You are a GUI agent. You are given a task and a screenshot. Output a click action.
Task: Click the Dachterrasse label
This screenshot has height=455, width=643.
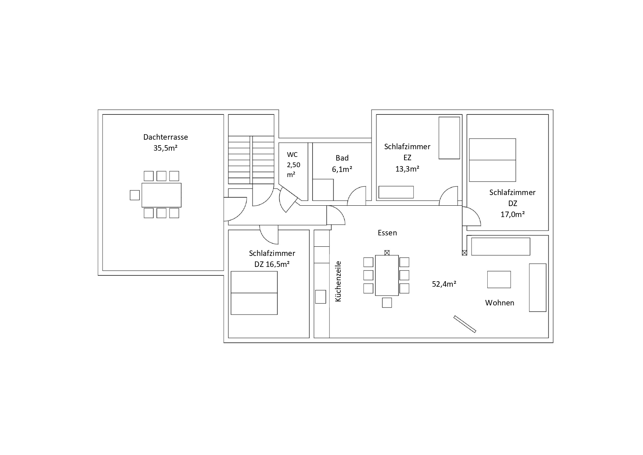click(166, 137)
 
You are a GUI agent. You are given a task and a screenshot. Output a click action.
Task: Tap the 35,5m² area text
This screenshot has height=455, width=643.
click(166, 148)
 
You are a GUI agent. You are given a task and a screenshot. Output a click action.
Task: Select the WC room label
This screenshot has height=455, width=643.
click(292, 154)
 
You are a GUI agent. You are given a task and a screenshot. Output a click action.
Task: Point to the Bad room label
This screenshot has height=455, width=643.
click(342, 158)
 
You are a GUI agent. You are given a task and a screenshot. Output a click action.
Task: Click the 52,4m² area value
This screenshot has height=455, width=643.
click(444, 284)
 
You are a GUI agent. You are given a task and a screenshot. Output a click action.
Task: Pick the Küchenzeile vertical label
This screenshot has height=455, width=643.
click(338, 281)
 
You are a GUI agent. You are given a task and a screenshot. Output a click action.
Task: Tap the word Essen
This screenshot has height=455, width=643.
click(387, 233)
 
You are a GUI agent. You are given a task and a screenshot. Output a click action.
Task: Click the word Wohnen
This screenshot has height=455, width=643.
click(500, 303)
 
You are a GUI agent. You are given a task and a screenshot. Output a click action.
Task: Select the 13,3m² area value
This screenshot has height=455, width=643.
click(407, 169)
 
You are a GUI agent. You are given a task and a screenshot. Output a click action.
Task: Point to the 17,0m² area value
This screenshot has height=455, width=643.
click(513, 214)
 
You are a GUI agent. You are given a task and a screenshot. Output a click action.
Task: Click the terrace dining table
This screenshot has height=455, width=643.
click(162, 195)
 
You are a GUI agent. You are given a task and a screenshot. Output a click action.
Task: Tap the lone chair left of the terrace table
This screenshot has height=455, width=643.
click(135, 195)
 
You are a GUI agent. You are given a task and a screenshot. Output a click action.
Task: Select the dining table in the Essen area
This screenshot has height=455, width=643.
click(387, 275)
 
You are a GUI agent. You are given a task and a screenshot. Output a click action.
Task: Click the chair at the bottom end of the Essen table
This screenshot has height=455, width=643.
click(387, 302)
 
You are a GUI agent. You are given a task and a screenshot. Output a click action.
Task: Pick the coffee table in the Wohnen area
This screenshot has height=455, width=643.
click(499, 279)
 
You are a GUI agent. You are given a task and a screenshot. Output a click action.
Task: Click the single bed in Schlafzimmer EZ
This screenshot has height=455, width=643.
click(450, 138)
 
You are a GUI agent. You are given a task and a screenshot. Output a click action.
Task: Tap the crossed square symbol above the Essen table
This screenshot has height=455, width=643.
click(387, 253)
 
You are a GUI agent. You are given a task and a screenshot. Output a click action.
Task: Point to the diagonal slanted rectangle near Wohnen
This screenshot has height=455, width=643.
click(465, 324)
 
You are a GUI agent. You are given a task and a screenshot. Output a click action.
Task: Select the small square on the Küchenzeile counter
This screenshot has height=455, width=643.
click(321, 297)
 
